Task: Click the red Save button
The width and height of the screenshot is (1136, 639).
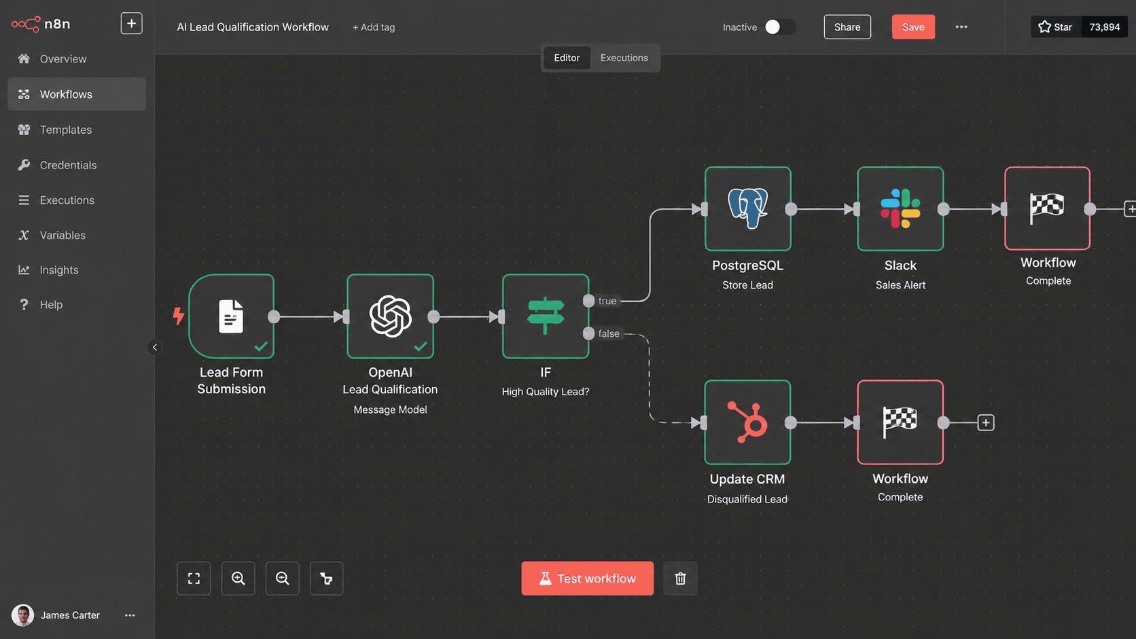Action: pyautogui.click(x=913, y=27)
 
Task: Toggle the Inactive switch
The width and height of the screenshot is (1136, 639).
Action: pyautogui.click(x=780, y=27)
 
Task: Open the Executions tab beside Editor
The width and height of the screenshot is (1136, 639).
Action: pyautogui.click(x=624, y=58)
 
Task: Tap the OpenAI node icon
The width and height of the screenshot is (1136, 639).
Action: pyautogui.click(x=390, y=316)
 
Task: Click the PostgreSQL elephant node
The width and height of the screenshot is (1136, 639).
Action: pyautogui.click(x=747, y=208)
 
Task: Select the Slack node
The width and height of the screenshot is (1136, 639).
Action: pyautogui.click(x=900, y=208)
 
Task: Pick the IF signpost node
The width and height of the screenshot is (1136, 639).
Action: pyautogui.click(x=545, y=316)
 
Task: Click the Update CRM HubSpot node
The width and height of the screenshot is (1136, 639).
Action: pyautogui.click(x=747, y=422)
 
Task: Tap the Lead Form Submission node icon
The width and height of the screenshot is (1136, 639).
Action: pyautogui.click(x=231, y=316)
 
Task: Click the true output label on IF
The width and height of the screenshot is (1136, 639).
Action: pyautogui.click(x=607, y=301)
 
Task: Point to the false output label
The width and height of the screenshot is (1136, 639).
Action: pyautogui.click(x=609, y=333)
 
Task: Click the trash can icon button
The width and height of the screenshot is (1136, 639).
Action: pyautogui.click(x=680, y=578)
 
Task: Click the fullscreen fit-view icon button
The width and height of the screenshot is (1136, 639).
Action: pyautogui.click(x=194, y=578)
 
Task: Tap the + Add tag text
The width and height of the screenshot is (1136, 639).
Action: pyautogui.click(x=373, y=27)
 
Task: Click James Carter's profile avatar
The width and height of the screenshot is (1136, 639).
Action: pyautogui.click(x=23, y=615)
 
